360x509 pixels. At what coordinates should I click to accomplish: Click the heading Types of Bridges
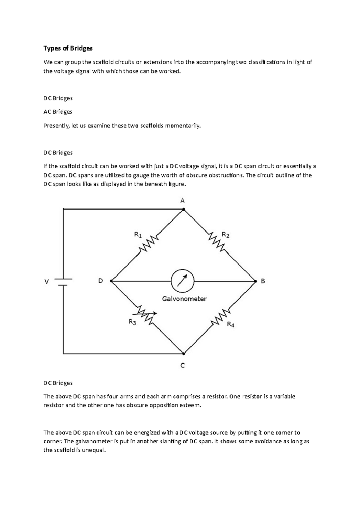pyautogui.click(x=68, y=48)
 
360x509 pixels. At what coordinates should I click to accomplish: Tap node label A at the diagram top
pyautogui.click(x=182, y=201)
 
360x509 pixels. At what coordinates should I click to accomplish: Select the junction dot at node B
pyautogui.click(x=256, y=281)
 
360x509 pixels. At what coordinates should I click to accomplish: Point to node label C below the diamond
pyautogui.click(x=182, y=365)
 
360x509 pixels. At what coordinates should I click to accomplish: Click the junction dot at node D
pyautogui.click(x=111, y=281)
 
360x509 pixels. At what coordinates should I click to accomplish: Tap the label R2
pyautogui.click(x=225, y=235)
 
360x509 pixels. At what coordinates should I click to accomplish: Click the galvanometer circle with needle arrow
pyautogui.click(x=182, y=281)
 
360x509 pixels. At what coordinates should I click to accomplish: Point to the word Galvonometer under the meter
pyautogui.click(x=184, y=299)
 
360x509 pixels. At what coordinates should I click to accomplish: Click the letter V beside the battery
pyautogui.click(x=46, y=282)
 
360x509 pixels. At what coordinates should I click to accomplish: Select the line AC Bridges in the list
pyautogui.click(x=58, y=112)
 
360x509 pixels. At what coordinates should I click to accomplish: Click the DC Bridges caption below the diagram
pyautogui.click(x=58, y=383)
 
